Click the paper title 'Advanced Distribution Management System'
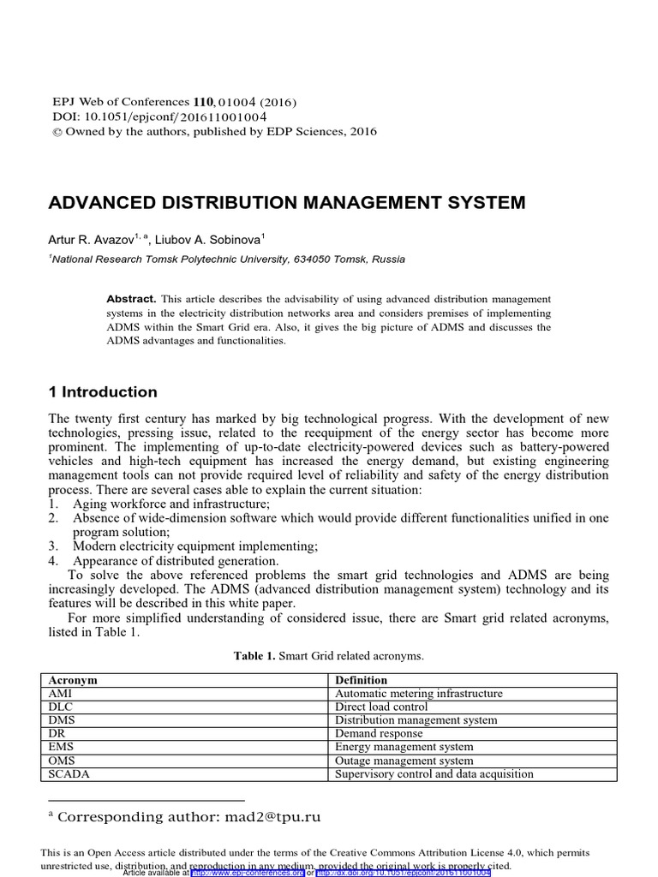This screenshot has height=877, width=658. pyautogui.click(x=287, y=203)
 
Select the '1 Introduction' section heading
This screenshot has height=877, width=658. pyautogui.click(x=103, y=392)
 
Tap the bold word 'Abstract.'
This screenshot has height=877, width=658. pyautogui.click(x=130, y=299)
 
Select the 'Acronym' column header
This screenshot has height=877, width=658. pyautogui.click(x=73, y=680)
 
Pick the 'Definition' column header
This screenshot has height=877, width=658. pyautogui.click(x=361, y=680)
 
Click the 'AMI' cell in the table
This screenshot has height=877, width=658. pyautogui.click(x=61, y=694)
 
